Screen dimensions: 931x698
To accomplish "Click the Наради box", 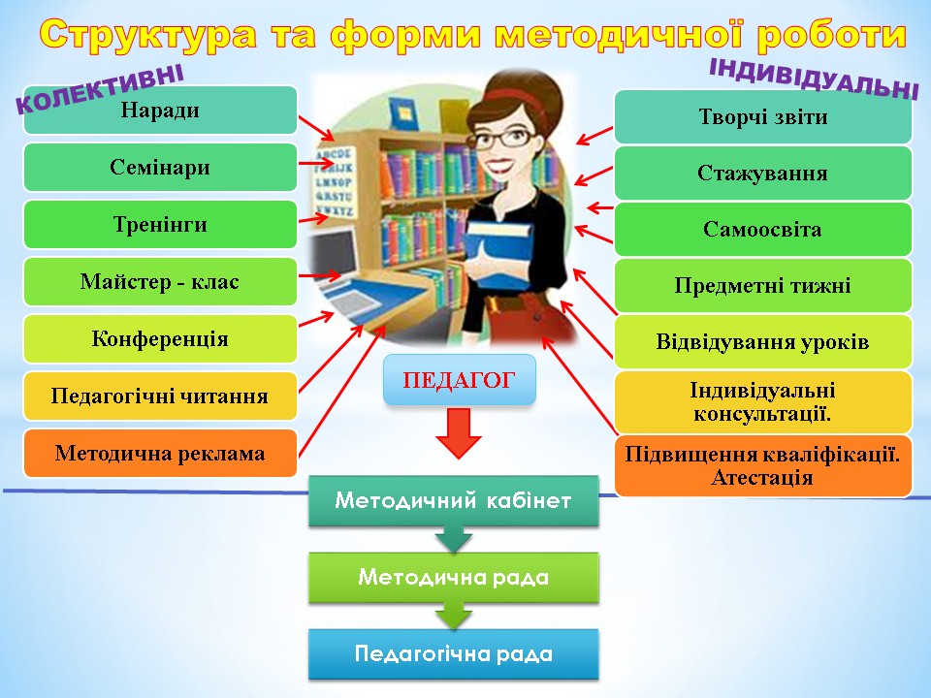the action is click(160, 111).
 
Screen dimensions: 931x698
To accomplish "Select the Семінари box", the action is click(160, 168).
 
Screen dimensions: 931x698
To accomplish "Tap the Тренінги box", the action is click(160, 224).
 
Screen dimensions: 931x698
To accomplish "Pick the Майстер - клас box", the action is click(160, 281).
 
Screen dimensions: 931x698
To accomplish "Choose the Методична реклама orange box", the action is click(160, 454).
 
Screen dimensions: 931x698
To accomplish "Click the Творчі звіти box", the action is click(763, 117).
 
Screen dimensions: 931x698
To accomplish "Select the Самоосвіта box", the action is click(763, 229).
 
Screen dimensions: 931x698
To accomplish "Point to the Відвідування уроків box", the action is click(763, 342).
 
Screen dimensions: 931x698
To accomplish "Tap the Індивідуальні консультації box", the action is click(763, 401).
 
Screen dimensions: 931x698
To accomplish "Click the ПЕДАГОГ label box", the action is click(460, 380).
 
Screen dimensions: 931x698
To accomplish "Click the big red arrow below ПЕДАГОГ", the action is click(459, 433).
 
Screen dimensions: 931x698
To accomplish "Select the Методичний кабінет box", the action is click(454, 501).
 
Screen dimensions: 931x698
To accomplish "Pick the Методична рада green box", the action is click(454, 578).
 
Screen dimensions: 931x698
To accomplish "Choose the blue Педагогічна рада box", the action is click(454, 654).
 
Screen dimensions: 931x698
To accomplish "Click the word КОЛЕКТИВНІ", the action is click(100, 89).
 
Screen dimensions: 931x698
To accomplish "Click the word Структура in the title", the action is click(149, 35).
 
